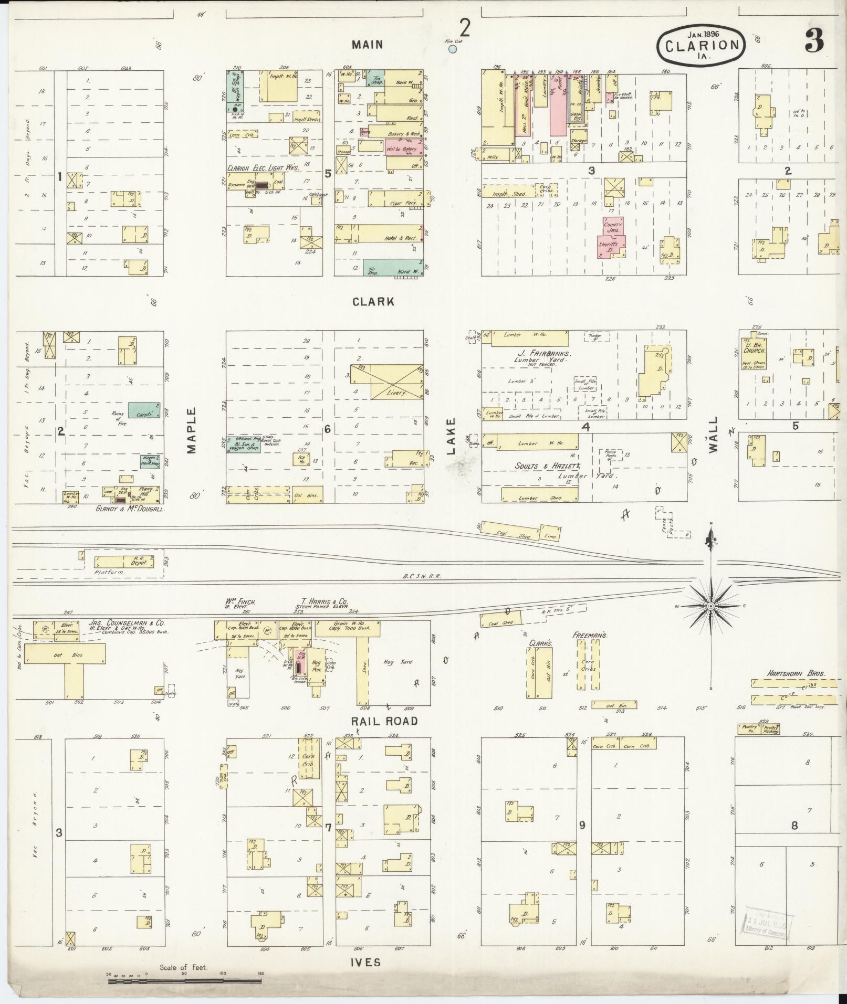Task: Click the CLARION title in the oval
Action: click(702, 45)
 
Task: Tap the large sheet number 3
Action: click(814, 41)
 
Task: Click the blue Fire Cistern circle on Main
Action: click(453, 49)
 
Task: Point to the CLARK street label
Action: click(373, 302)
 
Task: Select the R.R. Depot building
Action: click(124, 562)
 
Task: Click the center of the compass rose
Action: click(710, 606)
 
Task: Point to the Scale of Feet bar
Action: click(184, 980)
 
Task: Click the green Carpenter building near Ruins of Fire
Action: click(144, 410)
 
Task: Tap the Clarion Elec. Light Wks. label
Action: click(263, 168)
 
